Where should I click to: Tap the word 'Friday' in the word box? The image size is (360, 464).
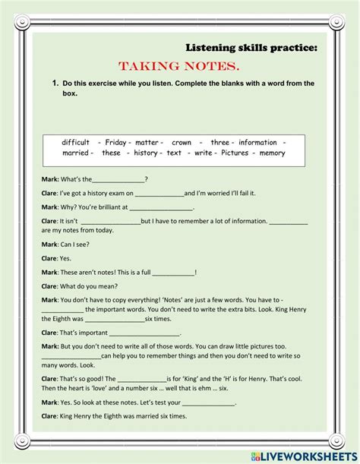coord(115,142)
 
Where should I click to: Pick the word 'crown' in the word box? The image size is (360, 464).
coord(182,142)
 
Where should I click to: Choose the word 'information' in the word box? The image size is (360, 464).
coord(257,142)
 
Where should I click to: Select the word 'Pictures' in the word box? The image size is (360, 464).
coord(240,153)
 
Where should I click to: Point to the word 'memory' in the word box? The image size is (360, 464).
coord(273,153)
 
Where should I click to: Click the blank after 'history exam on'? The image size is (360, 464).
coord(159,194)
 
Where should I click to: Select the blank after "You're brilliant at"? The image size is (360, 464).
coord(161,207)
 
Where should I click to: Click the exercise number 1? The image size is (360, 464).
coord(55,84)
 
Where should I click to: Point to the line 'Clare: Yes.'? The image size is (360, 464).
coord(58,258)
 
